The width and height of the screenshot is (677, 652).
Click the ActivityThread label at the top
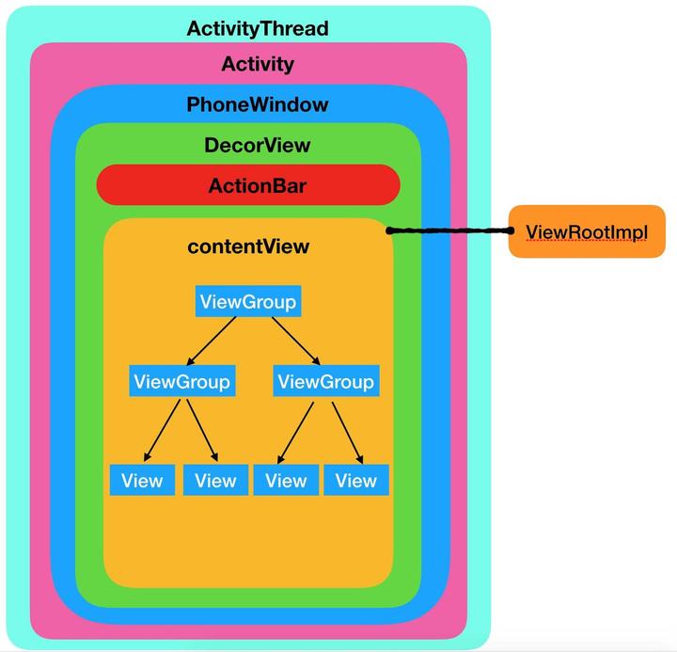click(258, 28)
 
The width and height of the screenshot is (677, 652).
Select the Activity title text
click(258, 64)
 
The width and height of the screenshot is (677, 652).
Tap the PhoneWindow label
click(258, 103)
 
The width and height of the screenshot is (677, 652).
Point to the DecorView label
click(257, 145)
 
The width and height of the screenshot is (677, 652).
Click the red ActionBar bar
click(248, 185)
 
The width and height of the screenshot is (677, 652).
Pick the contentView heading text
click(248, 246)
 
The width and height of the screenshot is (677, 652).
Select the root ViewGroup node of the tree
click(248, 302)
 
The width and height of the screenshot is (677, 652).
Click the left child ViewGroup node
click(181, 381)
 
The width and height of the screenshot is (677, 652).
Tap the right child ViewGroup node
click(325, 381)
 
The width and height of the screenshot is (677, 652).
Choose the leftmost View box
click(142, 480)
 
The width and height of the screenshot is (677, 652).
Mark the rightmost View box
click(355, 480)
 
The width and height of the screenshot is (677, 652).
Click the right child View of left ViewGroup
click(215, 480)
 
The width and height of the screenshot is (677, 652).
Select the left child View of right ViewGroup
click(286, 480)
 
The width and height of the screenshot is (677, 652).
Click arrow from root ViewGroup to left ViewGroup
click(213, 341)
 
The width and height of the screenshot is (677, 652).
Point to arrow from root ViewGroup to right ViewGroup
click(296, 341)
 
